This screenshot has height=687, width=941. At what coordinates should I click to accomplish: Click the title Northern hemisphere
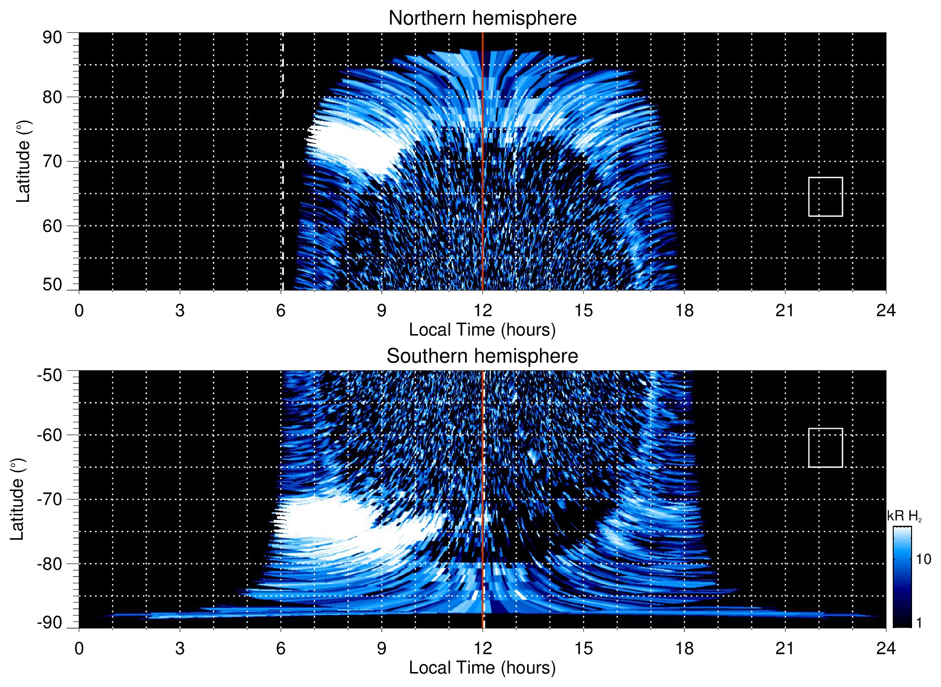(482, 18)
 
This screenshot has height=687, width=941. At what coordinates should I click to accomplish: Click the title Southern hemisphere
(482, 356)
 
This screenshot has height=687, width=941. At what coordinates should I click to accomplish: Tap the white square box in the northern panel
(825, 196)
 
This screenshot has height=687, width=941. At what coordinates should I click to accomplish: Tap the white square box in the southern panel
(825, 448)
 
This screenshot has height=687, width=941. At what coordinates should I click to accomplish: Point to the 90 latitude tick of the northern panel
(53, 38)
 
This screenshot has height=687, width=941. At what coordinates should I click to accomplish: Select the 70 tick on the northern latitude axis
(53, 161)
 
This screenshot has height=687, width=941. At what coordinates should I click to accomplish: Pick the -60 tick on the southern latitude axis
(50, 435)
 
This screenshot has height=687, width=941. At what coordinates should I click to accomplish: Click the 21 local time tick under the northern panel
(785, 310)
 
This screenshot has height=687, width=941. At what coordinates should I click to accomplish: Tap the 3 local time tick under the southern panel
(180, 648)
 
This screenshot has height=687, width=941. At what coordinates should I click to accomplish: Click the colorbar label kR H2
(904, 516)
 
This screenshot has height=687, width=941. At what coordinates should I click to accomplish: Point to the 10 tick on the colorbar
(923, 560)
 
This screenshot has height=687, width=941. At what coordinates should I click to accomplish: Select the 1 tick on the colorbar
(919, 623)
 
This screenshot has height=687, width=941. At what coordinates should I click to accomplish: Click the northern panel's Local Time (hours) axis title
(482, 330)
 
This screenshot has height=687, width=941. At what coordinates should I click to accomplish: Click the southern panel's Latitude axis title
(17, 499)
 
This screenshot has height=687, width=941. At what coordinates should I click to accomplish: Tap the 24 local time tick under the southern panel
(886, 648)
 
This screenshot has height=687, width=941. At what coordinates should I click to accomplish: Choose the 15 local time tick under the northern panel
(583, 310)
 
